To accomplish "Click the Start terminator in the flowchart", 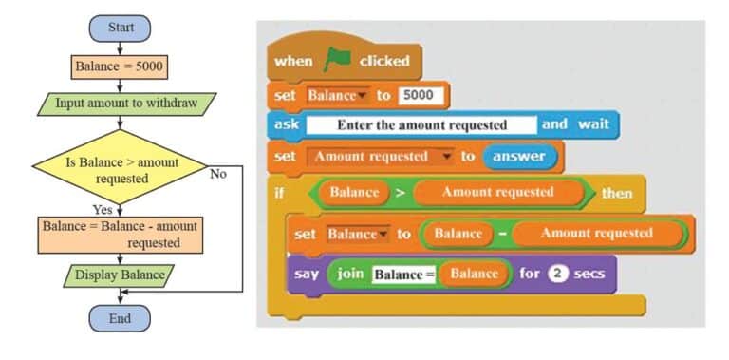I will coord(120,28).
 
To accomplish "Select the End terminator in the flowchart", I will coord(120,318).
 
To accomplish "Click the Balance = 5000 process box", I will coord(120,68).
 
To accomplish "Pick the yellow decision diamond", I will coord(121,169).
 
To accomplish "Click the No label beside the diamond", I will coord(219,174).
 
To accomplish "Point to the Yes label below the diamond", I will coord(103,209).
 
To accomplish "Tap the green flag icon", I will coord(337,61).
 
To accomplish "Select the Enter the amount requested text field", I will coord(421,125).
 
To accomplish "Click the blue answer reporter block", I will coord(519,155).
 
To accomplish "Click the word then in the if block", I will coord(616,193).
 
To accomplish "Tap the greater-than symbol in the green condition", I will coord(399,193).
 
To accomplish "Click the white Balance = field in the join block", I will coord(402,275).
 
